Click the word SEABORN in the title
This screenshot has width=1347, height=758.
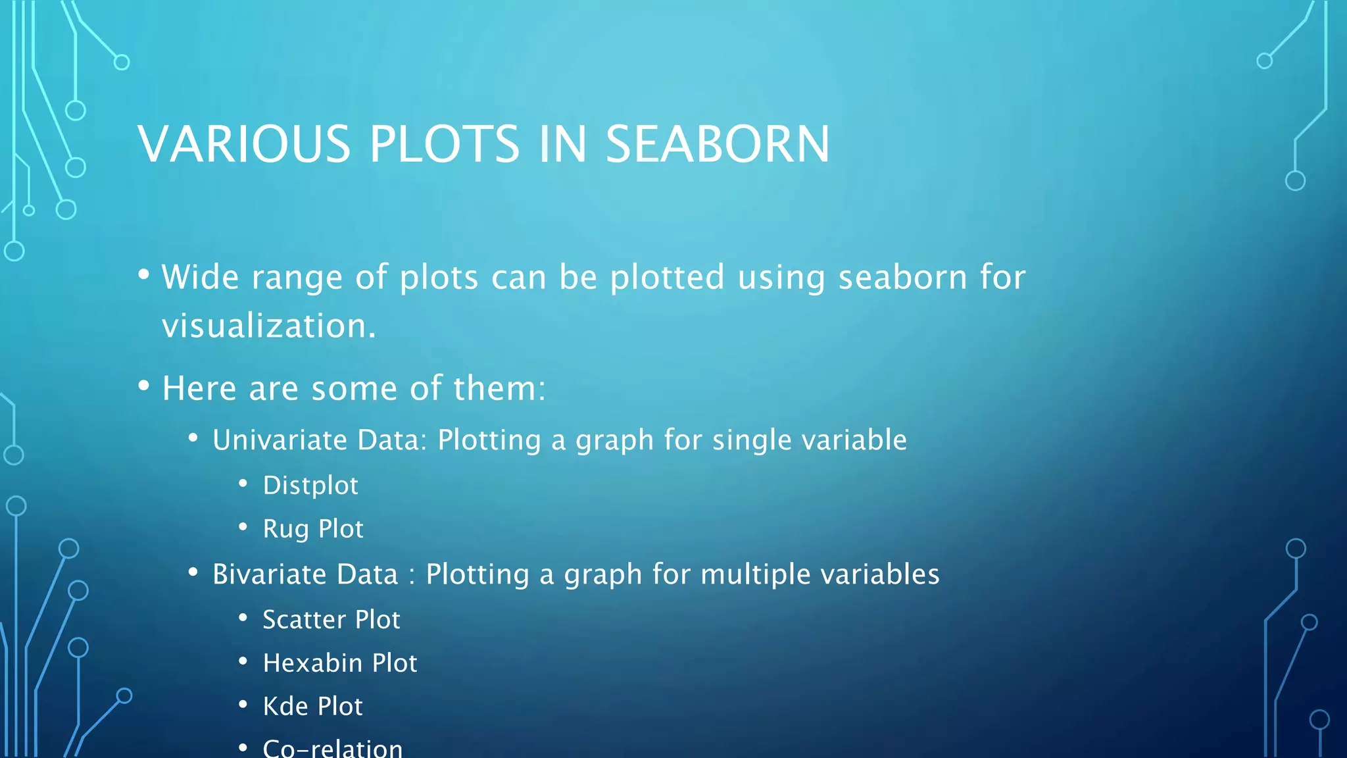(x=717, y=144)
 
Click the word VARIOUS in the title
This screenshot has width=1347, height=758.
(x=244, y=144)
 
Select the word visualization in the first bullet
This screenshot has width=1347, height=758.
(x=268, y=326)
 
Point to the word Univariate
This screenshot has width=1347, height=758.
(x=279, y=440)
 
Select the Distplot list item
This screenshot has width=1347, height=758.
(x=310, y=486)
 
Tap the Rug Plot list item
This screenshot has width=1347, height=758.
(x=313, y=529)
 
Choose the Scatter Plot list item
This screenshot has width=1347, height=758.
(x=331, y=620)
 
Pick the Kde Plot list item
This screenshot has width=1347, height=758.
(x=312, y=707)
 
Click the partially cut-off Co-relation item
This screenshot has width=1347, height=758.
(x=332, y=749)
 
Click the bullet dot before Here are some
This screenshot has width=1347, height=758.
(x=144, y=386)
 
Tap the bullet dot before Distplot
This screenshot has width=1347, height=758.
(x=243, y=484)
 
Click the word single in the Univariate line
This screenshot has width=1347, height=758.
(x=750, y=440)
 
